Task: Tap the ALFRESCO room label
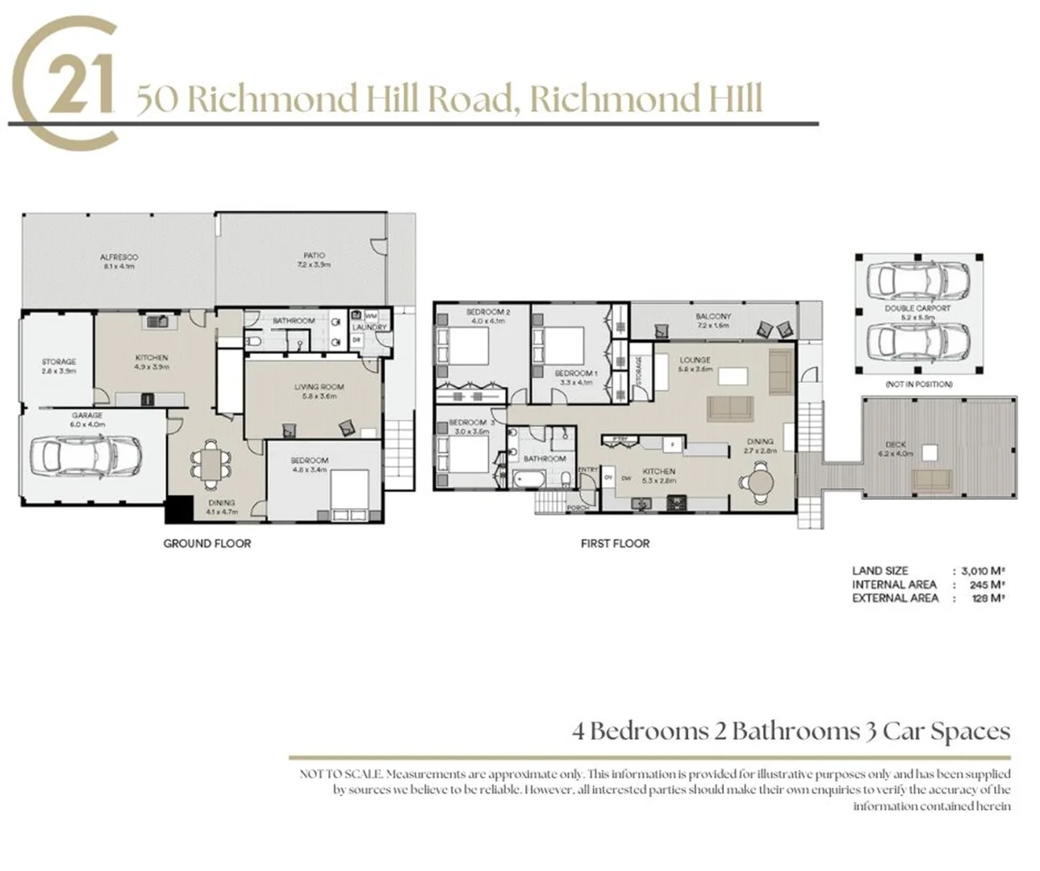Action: pyautogui.click(x=118, y=257)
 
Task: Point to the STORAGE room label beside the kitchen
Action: pyautogui.click(x=58, y=362)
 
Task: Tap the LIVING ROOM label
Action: pyautogui.click(x=319, y=387)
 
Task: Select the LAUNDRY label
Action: pyautogui.click(x=370, y=327)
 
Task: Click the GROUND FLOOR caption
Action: pyautogui.click(x=207, y=544)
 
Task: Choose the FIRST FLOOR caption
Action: pyautogui.click(x=615, y=544)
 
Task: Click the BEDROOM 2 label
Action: pyautogui.click(x=487, y=311)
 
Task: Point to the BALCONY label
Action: pyautogui.click(x=712, y=316)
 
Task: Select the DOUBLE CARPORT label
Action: pyautogui.click(x=917, y=308)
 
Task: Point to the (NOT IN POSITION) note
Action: pyautogui.click(x=918, y=385)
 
